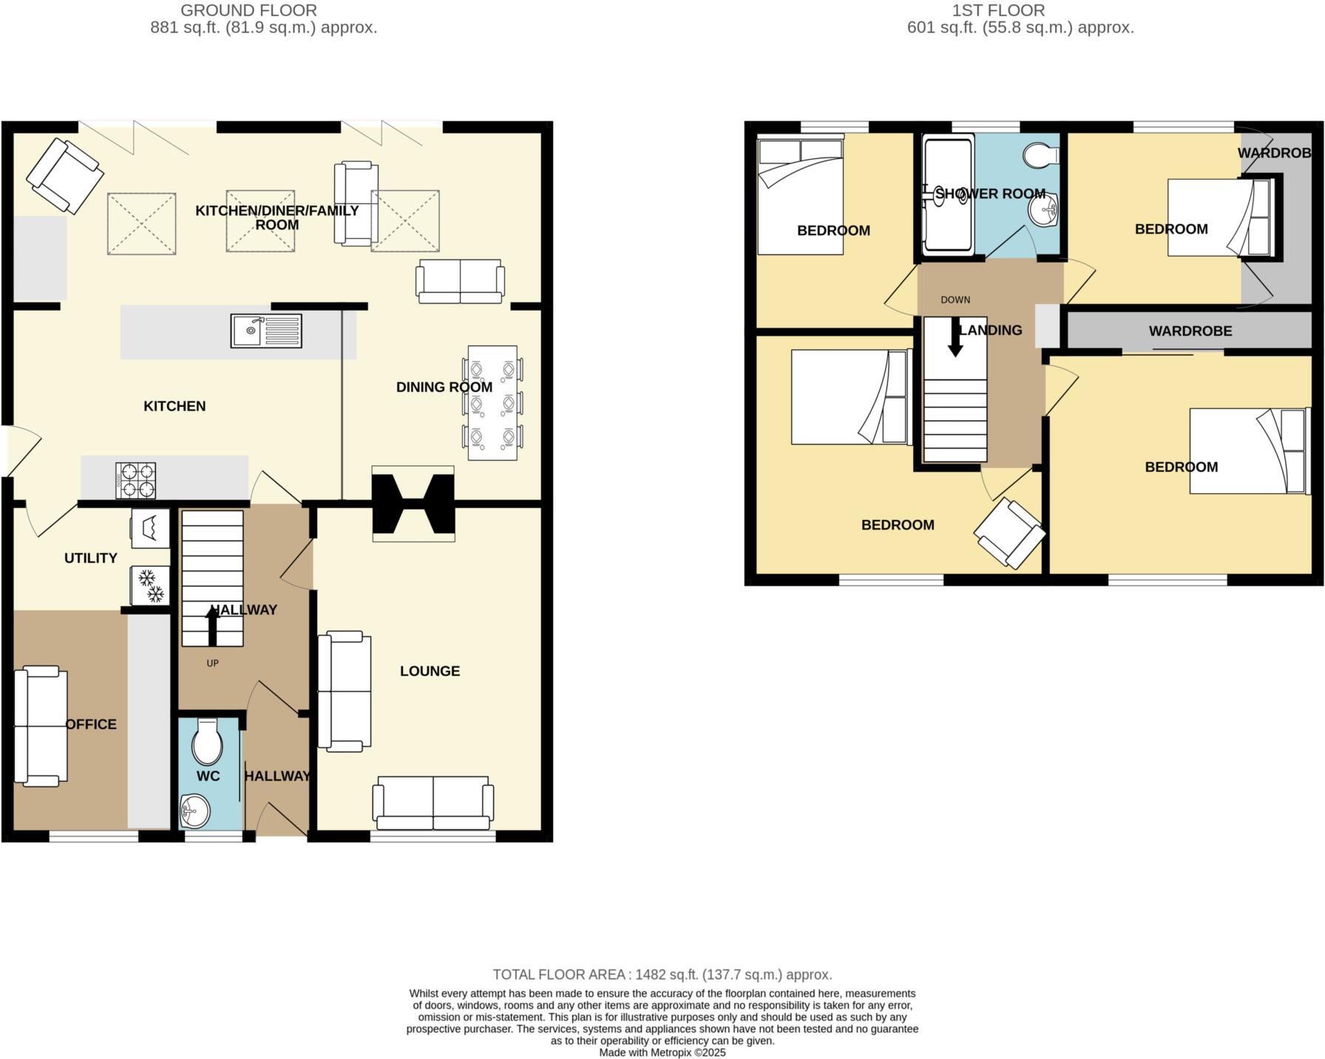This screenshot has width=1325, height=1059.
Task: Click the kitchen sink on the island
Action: coord(266,331)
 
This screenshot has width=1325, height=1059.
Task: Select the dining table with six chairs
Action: coord(492,403)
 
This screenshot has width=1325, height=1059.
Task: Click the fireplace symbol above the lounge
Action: coord(413,504)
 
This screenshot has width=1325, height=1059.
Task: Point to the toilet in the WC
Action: coord(207,742)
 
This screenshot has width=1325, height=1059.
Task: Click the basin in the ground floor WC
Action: coord(195,811)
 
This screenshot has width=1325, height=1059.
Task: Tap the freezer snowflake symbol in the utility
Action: coord(151,585)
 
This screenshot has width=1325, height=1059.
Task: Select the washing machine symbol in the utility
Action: coord(151,528)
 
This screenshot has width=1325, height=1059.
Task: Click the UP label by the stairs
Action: coord(212,663)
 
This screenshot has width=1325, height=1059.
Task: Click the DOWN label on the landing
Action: coord(955,300)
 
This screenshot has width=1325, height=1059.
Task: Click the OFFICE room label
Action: coord(91,724)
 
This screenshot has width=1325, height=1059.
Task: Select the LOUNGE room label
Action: coord(430,671)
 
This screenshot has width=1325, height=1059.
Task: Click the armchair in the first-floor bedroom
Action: coord(1009,534)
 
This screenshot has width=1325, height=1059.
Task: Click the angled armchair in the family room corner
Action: coord(65,175)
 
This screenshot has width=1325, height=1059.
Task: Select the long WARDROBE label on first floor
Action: coord(1190,331)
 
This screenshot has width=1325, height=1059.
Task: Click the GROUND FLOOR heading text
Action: coord(248,10)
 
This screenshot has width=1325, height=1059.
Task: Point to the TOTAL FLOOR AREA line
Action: coord(662,975)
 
